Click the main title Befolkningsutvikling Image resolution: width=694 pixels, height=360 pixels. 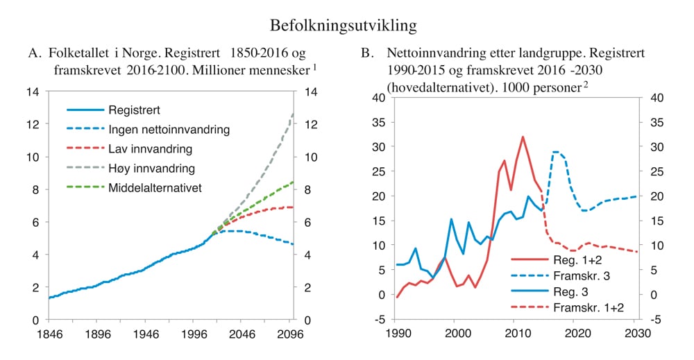point(344,26)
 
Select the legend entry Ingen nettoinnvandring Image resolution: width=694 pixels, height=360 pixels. point(169,130)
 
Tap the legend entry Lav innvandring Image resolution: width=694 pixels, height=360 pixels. point(150,149)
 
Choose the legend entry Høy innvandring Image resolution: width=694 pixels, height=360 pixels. point(151,169)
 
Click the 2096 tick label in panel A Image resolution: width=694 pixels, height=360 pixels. point(290,334)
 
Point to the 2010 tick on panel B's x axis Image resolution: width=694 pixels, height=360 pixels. point(514,334)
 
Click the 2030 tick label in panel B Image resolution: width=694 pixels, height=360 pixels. point(633,334)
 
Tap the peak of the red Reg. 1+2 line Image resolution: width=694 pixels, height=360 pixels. point(523,137)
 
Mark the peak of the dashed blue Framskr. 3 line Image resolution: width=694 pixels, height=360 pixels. point(556,152)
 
